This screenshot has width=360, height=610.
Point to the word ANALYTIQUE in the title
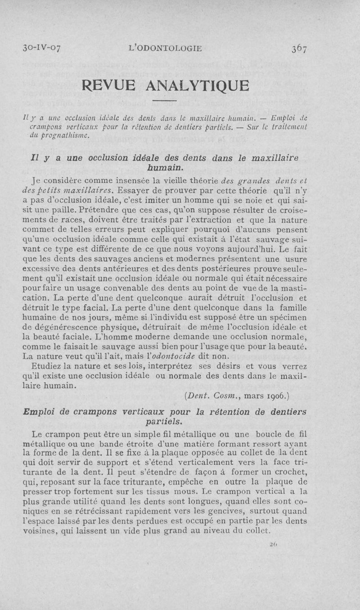(x=207, y=85)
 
